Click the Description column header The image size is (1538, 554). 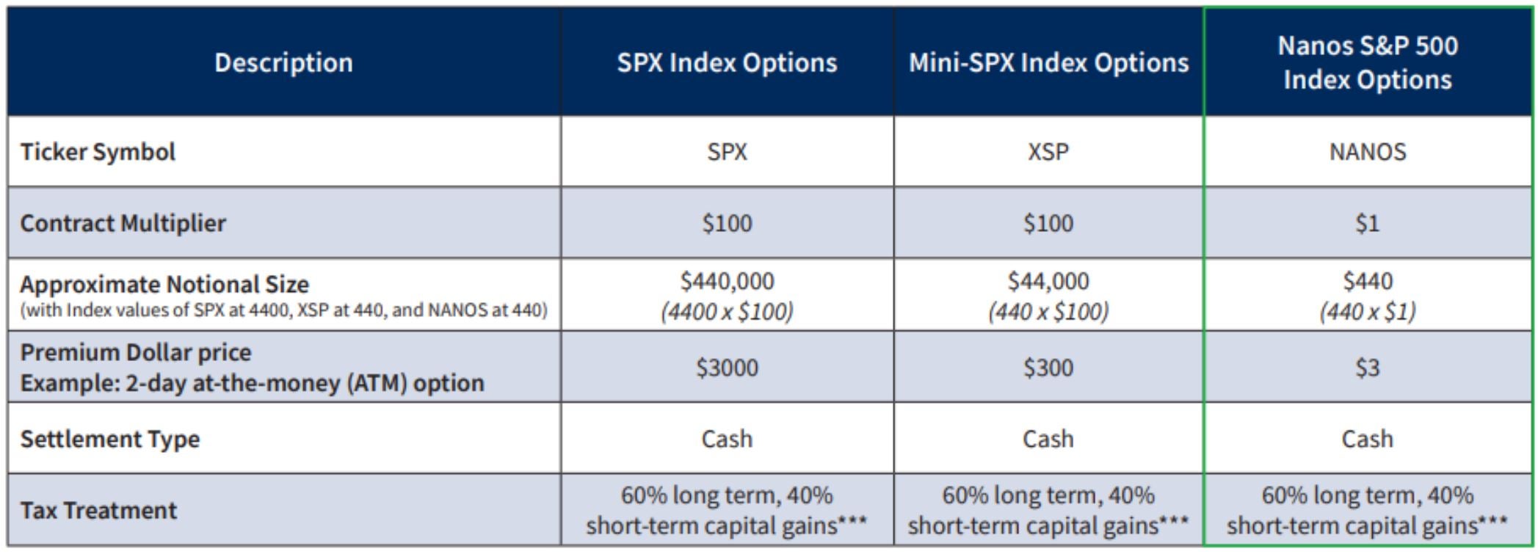(283, 63)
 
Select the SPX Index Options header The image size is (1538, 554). (727, 63)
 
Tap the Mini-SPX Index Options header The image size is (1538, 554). (1048, 63)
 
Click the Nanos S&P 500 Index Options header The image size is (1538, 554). (1367, 62)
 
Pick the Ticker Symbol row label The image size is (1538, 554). (98, 152)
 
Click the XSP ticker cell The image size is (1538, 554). (1048, 152)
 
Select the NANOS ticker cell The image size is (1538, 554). (1367, 152)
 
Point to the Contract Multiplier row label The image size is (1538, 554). (123, 223)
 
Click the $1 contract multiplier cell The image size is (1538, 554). (1367, 223)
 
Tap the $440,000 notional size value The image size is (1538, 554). (727, 281)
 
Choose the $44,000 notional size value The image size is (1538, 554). (1048, 281)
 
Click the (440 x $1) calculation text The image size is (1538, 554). (1367, 312)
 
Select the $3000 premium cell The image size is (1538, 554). (727, 368)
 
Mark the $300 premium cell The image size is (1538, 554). (1048, 368)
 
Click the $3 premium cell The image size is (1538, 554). (1367, 368)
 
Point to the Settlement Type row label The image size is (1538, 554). (110, 439)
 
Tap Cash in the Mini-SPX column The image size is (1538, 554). (1048, 439)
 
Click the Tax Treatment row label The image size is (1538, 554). (98, 510)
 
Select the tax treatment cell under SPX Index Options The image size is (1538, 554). (727, 511)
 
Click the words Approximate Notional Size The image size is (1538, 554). (164, 284)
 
